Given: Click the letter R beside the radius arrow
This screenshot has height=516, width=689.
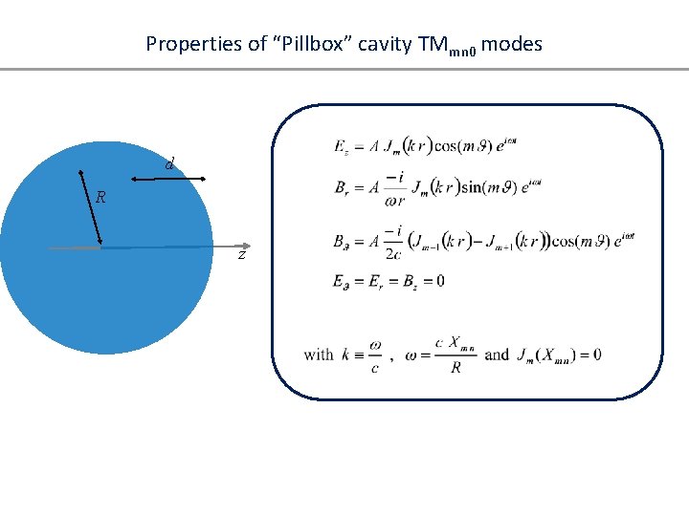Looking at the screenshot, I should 100,198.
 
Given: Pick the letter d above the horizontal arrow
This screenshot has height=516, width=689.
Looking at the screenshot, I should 168,164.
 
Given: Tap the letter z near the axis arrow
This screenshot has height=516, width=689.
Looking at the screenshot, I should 242,255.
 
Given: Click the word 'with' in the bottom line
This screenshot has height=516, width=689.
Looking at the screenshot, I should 319,355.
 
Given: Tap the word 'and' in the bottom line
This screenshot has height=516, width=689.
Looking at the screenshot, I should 497,355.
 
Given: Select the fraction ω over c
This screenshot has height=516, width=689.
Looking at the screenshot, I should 374,355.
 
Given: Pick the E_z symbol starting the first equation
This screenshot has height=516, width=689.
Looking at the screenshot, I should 342,146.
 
